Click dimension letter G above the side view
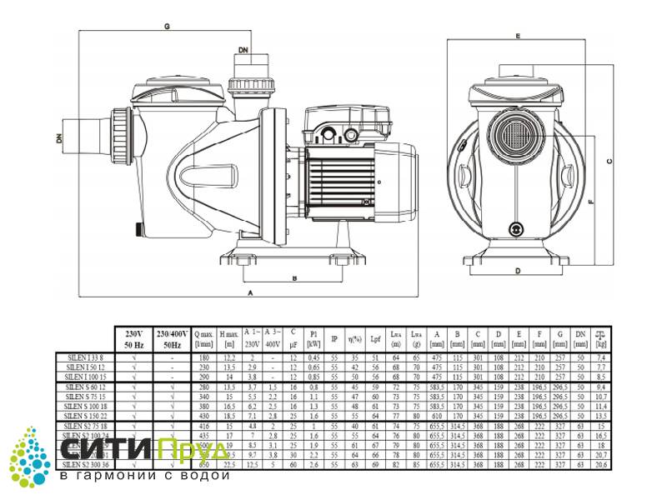(167, 27)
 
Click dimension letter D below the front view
(518, 272)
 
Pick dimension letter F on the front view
(589, 201)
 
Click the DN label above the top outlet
(243, 52)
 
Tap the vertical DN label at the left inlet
(60, 137)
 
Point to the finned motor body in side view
(343, 175)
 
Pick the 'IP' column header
(334, 339)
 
